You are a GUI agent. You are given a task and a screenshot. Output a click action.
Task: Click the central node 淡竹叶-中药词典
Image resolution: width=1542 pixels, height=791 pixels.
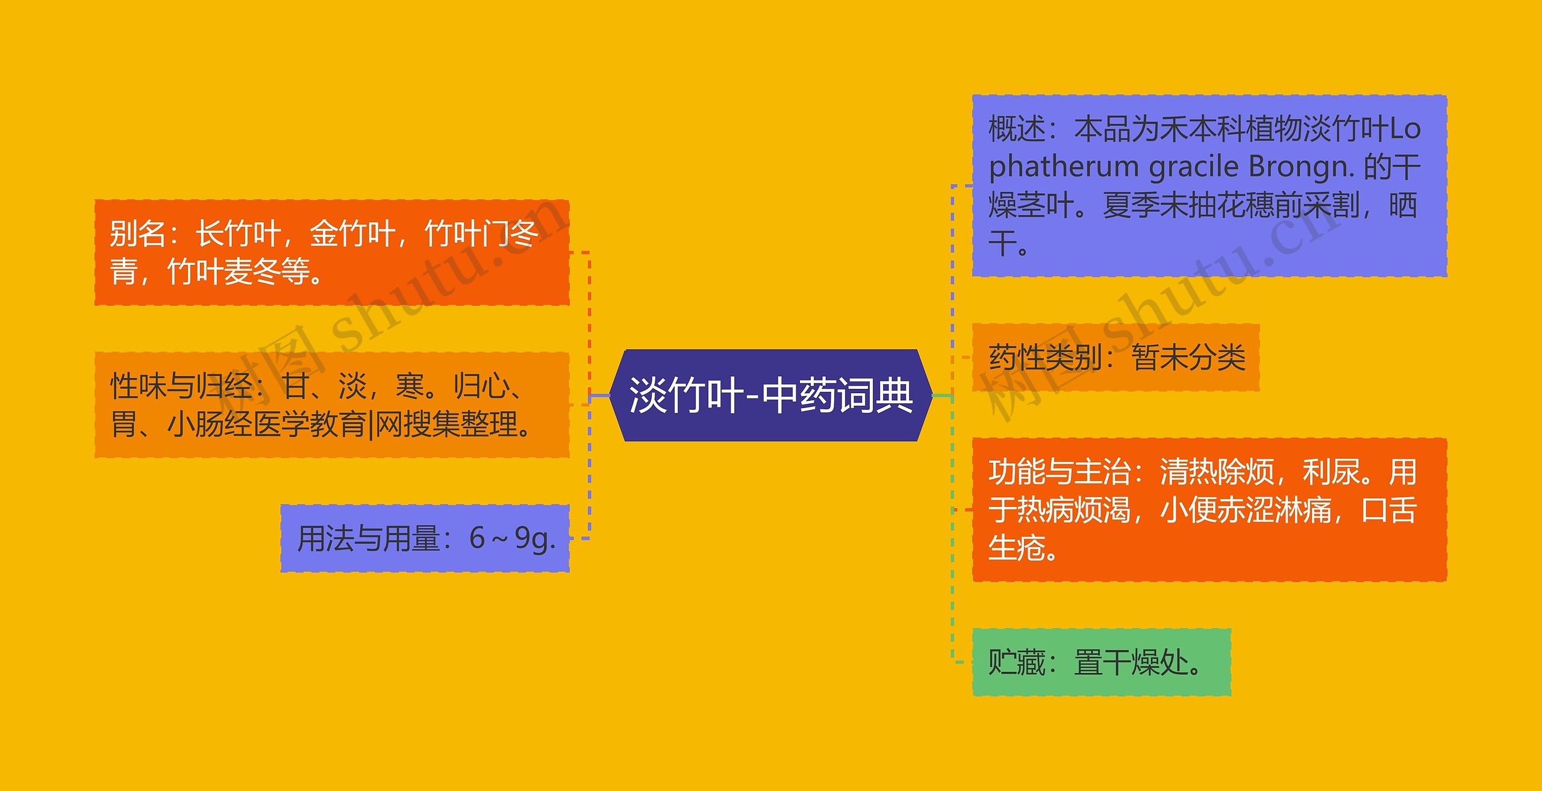[x=771, y=396]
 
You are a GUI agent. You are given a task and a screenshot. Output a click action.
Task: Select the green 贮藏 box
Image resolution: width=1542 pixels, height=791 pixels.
[x=1101, y=662]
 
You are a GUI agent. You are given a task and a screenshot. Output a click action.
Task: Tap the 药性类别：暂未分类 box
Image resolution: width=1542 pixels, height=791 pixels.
[x=1116, y=358]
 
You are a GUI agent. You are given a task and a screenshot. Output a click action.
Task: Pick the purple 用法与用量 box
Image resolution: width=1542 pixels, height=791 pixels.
[x=425, y=538]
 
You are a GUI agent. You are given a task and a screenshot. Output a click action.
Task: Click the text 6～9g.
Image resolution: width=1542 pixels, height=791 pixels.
[x=512, y=538]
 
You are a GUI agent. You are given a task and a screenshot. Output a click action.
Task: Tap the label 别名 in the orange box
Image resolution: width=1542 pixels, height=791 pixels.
[x=137, y=234]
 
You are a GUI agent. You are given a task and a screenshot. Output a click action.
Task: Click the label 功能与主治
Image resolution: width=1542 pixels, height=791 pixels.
[x=1059, y=472]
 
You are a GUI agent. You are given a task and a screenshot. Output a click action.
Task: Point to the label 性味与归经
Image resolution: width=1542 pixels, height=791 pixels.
[x=181, y=386]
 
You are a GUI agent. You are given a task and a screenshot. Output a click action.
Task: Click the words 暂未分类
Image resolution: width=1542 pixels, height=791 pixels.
[x=1188, y=358]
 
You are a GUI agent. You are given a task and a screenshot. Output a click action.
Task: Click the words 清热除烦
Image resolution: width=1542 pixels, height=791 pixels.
[x=1217, y=472]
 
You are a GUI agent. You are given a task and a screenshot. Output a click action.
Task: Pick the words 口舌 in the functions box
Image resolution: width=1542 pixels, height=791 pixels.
[x=1389, y=510]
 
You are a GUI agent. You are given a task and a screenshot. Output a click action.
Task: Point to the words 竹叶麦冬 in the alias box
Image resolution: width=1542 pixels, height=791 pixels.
[x=224, y=271]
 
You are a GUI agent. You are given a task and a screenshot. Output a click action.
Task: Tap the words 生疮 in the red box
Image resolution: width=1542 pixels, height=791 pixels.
[x=1016, y=548]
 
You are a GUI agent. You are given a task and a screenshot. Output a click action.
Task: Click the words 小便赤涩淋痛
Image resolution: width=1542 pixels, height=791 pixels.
[x=1245, y=510]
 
